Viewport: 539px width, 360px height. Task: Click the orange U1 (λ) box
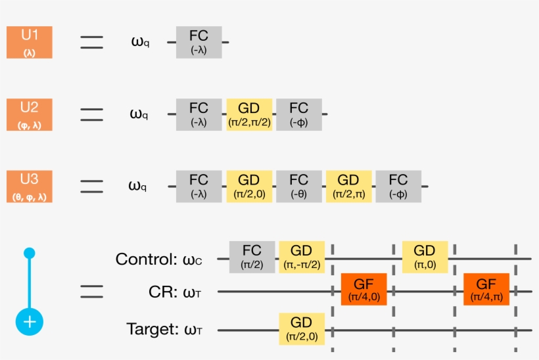(x=29, y=43)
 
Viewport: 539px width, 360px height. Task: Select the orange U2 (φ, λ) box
(x=29, y=114)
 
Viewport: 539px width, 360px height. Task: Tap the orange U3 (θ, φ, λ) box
(x=29, y=186)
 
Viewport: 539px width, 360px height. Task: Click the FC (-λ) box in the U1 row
(x=199, y=43)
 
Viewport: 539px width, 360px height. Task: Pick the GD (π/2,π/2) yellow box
(x=249, y=114)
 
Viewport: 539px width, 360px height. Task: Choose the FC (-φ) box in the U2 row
(x=299, y=114)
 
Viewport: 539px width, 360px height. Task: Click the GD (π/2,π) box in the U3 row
(x=348, y=186)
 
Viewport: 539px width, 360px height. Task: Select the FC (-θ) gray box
(x=299, y=186)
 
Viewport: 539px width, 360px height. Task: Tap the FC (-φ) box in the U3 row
(x=398, y=186)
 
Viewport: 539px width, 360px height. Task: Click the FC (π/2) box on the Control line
(x=252, y=257)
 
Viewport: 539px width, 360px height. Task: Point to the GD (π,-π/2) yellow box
(x=302, y=257)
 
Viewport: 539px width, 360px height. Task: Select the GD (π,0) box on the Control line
(x=425, y=257)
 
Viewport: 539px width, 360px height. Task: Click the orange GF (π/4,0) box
(x=363, y=290)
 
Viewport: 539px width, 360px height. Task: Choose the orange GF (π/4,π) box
(x=486, y=290)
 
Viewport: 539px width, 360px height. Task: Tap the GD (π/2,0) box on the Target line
(x=302, y=329)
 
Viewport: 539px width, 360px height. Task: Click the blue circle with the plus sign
(x=30, y=322)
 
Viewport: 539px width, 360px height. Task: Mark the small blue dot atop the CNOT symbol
(x=29, y=253)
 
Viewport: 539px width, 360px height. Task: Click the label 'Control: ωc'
(x=158, y=259)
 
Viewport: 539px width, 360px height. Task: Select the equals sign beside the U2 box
(x=91, y=114)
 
